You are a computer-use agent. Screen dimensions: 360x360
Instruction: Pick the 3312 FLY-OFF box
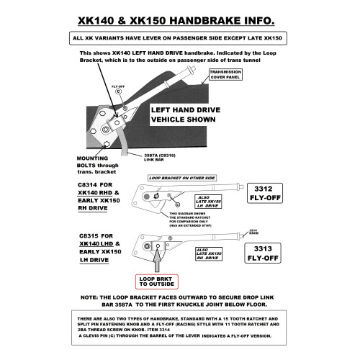point(263,194)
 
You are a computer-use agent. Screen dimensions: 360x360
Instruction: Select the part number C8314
point(91,185)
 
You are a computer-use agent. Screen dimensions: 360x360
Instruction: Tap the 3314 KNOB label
point(253,232)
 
